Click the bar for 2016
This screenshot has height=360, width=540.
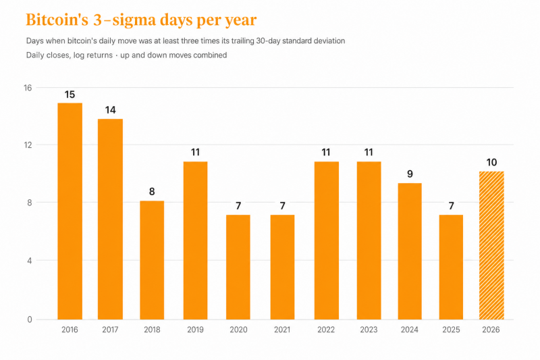(x=70, y=211)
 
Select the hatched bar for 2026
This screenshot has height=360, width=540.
(x=491, y=245)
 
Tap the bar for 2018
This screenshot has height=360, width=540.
(x=152, y=260)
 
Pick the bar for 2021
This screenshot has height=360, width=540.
(x=282, y=267)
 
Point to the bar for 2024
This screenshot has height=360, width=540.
(x=410, y=251)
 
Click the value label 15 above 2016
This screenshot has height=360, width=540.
(x=70, y=95)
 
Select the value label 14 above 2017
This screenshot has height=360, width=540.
(x=110, y=110)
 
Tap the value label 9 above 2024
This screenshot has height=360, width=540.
(x=410, y=174)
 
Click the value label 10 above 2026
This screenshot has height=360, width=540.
(x=491, y=162)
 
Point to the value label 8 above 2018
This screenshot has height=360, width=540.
(x=152, y=192)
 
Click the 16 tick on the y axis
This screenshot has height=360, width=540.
(x=28, y=88)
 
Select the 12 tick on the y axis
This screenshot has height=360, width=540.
(x=28, y=145)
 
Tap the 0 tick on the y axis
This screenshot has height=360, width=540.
(x=30, y=319)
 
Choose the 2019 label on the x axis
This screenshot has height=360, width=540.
(x=195, y=330)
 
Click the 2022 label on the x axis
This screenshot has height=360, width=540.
(x=326, y=330)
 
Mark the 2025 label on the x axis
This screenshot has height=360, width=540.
(x=451, y=330)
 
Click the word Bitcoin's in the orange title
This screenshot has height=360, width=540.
(x=57, y=20)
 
